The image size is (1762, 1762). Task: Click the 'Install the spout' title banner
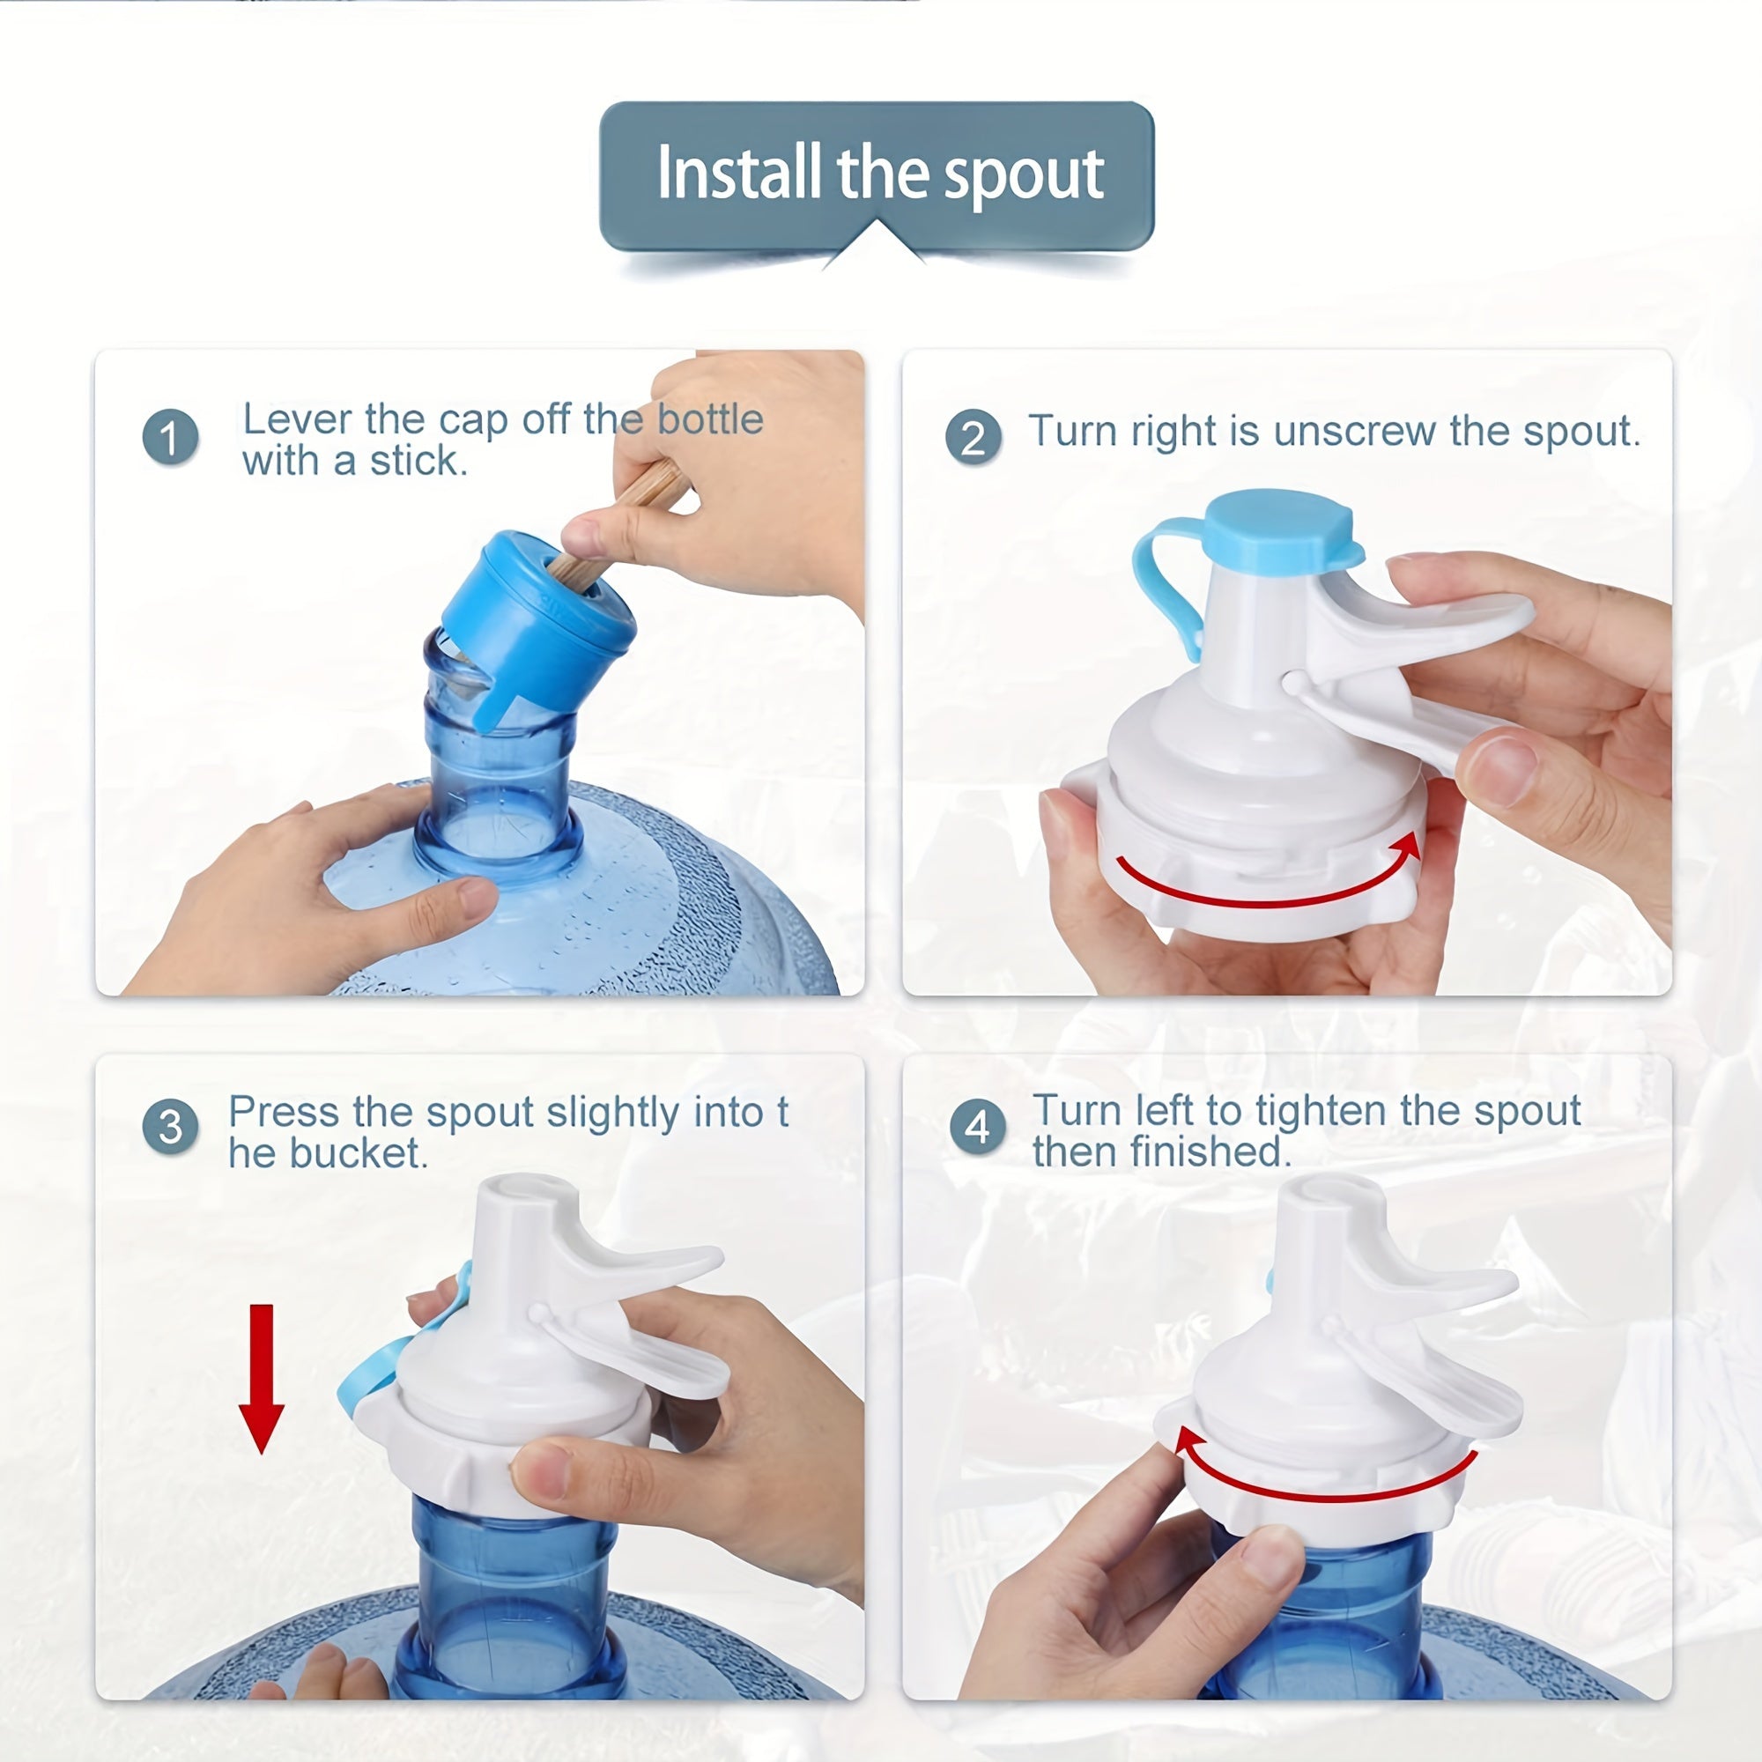[x=877, y=174]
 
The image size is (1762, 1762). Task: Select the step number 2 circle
[x=974, y=438]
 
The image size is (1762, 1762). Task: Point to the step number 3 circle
[x=171, y=1128]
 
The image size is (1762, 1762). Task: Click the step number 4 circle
[x=977, y=1128]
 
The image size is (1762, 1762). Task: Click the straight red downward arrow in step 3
[x=262, y=1377]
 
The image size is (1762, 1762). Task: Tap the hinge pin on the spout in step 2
[x=1292, y=681]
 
